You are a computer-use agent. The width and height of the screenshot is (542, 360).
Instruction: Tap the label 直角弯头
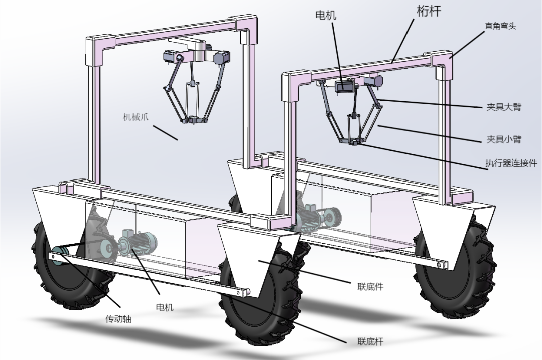point(499,26)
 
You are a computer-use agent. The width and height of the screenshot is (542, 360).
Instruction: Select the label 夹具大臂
point(503,107)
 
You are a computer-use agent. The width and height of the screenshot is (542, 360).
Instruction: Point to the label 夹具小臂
point(503,139)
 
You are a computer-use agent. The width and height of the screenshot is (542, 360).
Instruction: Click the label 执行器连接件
point(511,163)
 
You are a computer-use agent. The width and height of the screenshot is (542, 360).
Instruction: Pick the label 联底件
point(370,287)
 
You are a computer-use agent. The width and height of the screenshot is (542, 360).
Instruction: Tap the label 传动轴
point(118,318)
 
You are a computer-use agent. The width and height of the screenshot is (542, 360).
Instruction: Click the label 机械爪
point(137,118)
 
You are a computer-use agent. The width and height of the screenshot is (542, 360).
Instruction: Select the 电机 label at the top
point(325,15)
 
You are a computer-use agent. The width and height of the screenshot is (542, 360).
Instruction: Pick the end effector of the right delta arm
point(354,143)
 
